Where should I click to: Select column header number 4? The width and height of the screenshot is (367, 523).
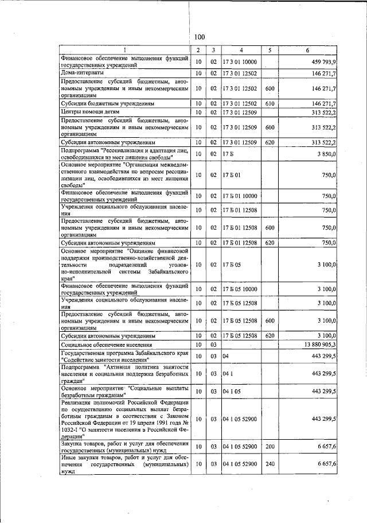pos(241,51)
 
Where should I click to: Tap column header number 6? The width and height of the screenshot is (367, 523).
pos(310,51)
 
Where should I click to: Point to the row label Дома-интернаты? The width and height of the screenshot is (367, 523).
pos(83,73)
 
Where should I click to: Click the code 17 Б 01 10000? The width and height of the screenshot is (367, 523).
pos(241,196)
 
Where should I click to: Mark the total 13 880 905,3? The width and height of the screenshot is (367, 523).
pos(319,344)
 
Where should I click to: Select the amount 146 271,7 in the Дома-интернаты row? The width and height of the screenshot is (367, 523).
pos(324,73)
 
